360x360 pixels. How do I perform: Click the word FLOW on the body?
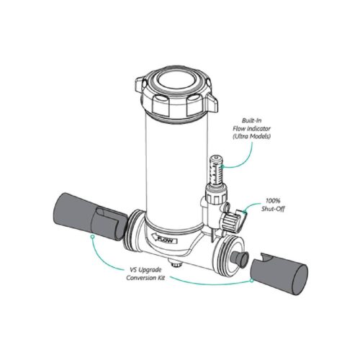(166, 240)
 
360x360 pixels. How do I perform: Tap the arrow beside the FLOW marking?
(152, 237)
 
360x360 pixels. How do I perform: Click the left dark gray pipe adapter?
(90, 217)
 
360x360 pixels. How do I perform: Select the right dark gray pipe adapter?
(279, 274)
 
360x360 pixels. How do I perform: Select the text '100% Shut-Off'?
(273, 204)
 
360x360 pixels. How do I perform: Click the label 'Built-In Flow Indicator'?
(251, 125)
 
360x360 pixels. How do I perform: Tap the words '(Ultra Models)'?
(251, 136)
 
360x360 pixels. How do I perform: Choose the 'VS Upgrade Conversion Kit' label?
(145, 274)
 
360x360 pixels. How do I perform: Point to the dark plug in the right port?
(239, 258)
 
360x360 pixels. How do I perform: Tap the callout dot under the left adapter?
(92, 237)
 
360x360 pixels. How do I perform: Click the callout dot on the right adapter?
(251, 280)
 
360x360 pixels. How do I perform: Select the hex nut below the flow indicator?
(216, 194)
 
